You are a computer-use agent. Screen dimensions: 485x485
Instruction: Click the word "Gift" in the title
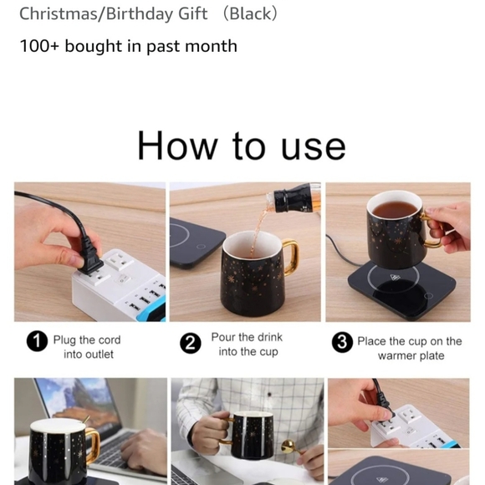tap(192, 13)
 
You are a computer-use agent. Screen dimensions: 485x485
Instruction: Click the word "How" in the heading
tap(177, 145)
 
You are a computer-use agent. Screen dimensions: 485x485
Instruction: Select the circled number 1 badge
tap(37, 341)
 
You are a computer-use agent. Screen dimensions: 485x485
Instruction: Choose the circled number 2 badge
tap(191, 343)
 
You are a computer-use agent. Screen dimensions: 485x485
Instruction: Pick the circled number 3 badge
tap(342, 342)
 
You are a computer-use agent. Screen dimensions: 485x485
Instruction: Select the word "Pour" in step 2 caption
tap(222, 337)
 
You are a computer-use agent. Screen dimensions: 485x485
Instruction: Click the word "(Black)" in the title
tap(250, 13)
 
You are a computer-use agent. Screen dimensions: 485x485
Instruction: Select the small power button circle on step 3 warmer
tap(428, 296)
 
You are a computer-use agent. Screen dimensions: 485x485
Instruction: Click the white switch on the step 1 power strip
tap(122, 280)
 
